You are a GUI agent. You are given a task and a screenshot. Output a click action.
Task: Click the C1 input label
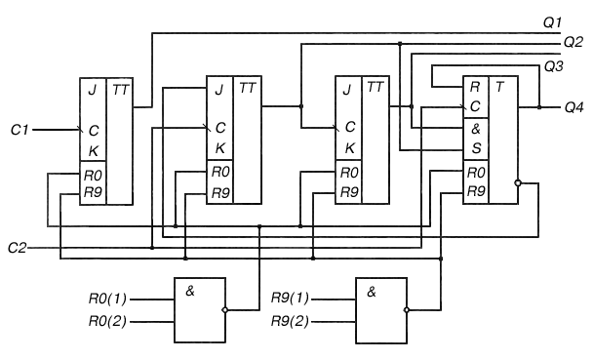pyautogui.click(x=20, y=130)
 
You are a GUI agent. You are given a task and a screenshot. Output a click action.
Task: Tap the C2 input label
pyautogui.click(x=17, y=248)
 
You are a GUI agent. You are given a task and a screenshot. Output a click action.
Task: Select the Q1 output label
pyautogui.click(x=553, y=22)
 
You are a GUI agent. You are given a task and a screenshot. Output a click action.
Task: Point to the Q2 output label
pyautogui.click(x=573, y=42)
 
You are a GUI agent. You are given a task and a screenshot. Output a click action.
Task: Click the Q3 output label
pyautogui.click(x=554, y=66)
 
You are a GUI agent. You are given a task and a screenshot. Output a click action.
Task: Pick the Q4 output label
pyautogui.click(x=574, y=107)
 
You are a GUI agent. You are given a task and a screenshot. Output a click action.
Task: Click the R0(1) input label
pyautogui.click(x=108, y=299)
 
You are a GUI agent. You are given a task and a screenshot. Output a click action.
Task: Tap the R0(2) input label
pyautogui.click(x=108, y=321)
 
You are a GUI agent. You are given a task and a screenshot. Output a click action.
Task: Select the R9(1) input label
pyautogui.click(x=290, y=299)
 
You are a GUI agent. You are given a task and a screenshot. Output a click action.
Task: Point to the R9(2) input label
pyautogui.click(x=290, y=321)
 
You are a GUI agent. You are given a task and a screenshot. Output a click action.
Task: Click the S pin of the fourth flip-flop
pyautogui.click(x=477, y=148)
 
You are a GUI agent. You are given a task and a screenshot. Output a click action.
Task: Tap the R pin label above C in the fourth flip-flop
pyautogui.click(x=475, y=88)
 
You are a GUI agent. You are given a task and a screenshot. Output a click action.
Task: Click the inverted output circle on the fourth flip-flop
pyautogui.click(x=518, y=183)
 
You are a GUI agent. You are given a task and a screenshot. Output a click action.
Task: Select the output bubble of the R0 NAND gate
pyautogui.click(x=225, y=310)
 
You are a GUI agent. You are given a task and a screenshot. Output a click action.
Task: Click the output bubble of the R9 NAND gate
pyautogui.click(x=407, y=310)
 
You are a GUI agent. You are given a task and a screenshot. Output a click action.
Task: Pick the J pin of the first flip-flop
pyautogui.click(x=93, y=91)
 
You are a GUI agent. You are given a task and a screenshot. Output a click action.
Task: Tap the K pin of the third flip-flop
pyautogui.click(x=350, y=148)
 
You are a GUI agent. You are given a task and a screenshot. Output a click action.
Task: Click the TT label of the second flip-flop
pyautogui.click(x=248, y=89)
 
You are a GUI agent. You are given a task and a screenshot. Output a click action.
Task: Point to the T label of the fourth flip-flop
pyautogui.click(x=500, y=88)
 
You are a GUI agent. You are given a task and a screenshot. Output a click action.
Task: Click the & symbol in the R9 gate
pyautogui.click(x=372, y=292)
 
